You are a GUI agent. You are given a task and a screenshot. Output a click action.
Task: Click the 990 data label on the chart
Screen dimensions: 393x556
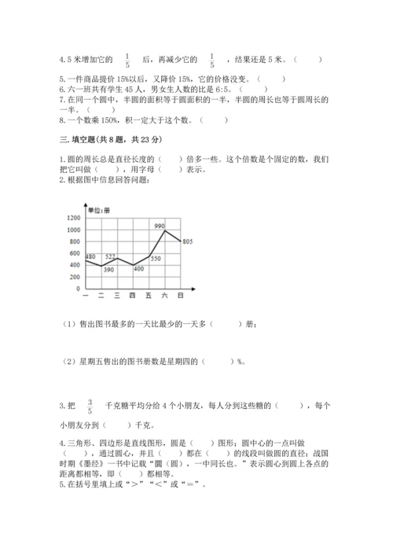[x=160, y=226]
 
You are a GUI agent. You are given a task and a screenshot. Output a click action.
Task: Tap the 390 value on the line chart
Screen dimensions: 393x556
[x=109, y=269]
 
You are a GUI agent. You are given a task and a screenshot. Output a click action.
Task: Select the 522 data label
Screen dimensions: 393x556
[x=111, y=257]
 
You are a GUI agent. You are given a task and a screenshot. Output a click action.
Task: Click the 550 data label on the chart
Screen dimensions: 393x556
[x=156, y=259]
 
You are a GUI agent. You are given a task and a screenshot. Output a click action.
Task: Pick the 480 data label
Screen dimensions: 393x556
[x=90, y=257]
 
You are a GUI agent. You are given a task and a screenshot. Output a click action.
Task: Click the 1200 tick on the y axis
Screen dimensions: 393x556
[x=73, y=218]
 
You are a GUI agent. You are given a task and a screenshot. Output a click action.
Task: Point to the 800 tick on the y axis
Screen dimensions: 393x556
[x=75, y=241]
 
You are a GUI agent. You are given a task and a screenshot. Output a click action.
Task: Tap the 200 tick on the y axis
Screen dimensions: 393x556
[x=75, y=277]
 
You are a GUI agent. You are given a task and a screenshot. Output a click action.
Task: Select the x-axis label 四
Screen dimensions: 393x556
[x=132, y=295]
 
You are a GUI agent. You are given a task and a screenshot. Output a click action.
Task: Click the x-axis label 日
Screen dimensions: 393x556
[x=181, y=295]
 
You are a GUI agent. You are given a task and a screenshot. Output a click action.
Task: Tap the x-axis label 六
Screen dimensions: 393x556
[x=164, y=295]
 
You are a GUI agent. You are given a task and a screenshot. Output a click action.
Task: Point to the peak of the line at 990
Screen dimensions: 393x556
[x=165, y=230]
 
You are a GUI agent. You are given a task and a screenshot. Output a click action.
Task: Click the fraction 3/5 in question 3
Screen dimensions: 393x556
[x=90, y=406]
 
